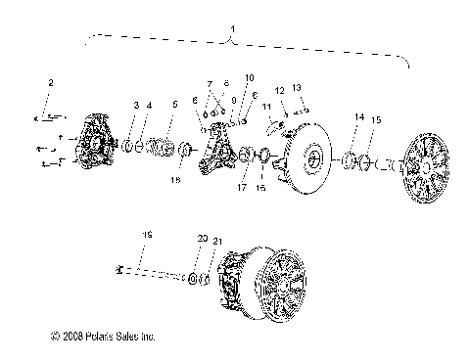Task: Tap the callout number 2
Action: pos(52,83)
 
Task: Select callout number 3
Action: pos(135,105)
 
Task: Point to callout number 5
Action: pos(175,105)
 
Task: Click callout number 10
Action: pos(250,77)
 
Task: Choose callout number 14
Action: pos(358,117)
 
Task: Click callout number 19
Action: pos(148,235)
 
